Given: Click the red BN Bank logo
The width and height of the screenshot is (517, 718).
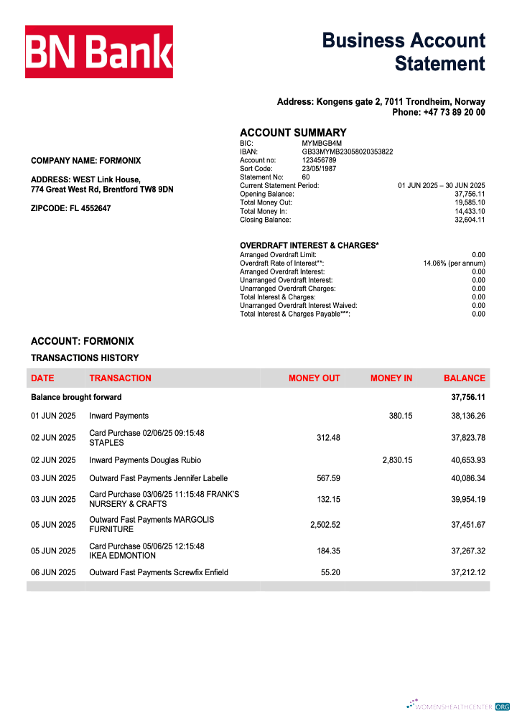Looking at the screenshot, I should pos(99,52).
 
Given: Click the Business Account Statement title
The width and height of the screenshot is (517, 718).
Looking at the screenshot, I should pos(404,52).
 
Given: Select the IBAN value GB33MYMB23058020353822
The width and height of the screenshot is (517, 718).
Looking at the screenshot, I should pos(347,151).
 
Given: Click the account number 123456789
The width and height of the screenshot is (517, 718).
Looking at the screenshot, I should pos(319,160).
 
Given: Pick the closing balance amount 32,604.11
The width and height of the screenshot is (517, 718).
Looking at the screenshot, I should pos(470,220).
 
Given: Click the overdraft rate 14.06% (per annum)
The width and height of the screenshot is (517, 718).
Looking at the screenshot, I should pos(454,264).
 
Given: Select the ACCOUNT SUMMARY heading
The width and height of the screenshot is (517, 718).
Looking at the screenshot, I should pos(293,133).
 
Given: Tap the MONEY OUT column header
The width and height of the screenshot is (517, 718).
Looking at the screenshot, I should pos(314,378).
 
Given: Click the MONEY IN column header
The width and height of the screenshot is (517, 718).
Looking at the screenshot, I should pos(391,378).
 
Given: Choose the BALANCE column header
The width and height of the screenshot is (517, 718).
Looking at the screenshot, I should pos(464,378).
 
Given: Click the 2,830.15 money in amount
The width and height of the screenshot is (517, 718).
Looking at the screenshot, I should pos(397,460).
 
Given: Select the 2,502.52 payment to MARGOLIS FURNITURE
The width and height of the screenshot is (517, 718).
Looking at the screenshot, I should pos(325,525).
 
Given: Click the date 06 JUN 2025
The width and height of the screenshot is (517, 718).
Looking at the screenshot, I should pos(53,572).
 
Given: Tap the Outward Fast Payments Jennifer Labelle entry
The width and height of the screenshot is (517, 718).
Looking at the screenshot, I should pos(158,478).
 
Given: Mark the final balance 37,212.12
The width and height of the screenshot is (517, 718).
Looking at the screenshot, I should pos(468,572).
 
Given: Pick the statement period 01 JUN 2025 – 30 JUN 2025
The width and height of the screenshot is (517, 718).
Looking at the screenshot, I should pos(442,185).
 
